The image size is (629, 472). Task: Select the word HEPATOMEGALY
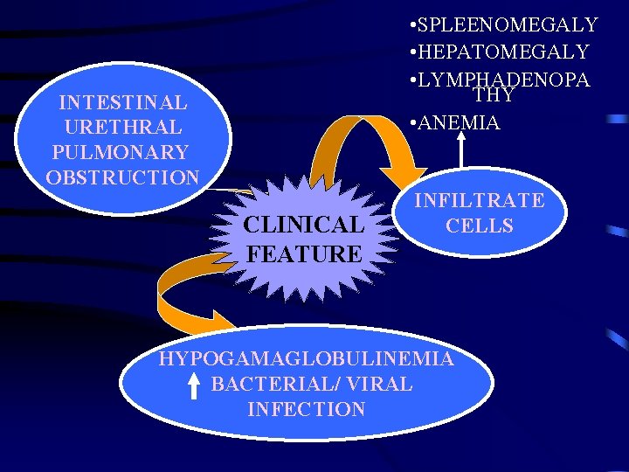pyautogui.click(x=504, y=52)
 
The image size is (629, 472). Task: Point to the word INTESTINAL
pyautogui.click(x=122, y=103)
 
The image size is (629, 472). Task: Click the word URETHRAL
pyautogui.click(x=122, y=128)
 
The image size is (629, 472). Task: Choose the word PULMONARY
pyautogui.click(x=121, y=152)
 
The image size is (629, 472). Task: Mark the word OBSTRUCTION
pyautogui.click(x=122, y=177)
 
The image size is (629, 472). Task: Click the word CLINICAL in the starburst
pyautogui.click(x=303, y=225)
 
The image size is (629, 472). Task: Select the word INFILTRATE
pyautogui.click(x=479, y=200)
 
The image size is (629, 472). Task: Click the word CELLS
pyautogui.click(x=479, y=226)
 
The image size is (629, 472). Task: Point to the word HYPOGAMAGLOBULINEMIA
pyautogui.click(x=306, y=358)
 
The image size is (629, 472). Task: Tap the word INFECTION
pyautogui.click(x=306, y=409)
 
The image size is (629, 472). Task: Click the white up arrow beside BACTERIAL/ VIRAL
pyautogui.click(x=195, y=386)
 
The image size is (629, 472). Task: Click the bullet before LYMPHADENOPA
pyautogui.click(x=411, y=80)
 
